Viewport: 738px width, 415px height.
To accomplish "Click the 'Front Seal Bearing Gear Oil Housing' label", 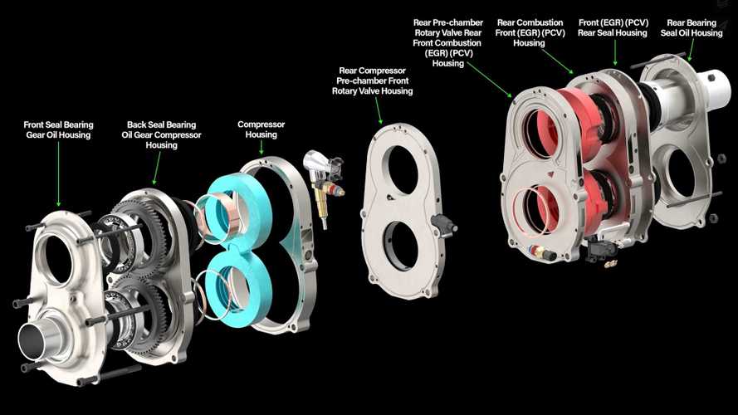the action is coord(58,129).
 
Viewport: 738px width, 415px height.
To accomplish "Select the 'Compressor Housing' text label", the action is coord(261,129).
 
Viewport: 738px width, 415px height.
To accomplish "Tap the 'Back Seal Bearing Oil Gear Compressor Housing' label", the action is coord(161,135).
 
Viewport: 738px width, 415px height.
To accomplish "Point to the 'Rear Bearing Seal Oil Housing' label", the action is coord(692,27).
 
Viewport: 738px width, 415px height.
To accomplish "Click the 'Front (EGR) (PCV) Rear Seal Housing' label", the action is coord(613,27).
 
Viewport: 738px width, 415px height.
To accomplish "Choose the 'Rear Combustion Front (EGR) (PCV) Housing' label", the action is coord(530,33).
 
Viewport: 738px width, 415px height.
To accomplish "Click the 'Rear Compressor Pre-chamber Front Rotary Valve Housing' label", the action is coord(372,81).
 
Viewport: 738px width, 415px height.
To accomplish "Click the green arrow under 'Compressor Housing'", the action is coord(261,149).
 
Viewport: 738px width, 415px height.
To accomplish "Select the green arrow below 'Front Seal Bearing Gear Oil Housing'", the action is coord(58,174).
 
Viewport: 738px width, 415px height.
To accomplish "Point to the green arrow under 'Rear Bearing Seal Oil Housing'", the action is coord(692,50).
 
